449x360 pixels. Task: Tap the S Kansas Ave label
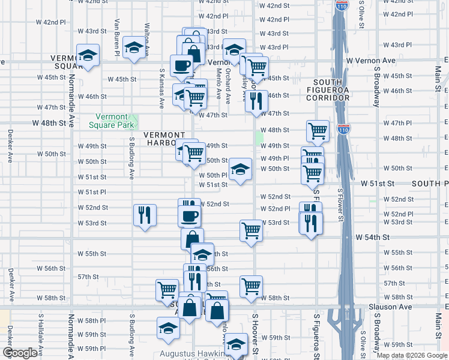click(161, 88)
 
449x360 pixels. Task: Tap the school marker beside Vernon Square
click(88, 56)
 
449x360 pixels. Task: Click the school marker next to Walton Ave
click(134, 46)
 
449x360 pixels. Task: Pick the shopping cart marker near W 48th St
click(318, 129)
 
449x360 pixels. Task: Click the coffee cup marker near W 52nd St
click(190, 215)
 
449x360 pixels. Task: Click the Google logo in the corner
click(20, 353)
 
